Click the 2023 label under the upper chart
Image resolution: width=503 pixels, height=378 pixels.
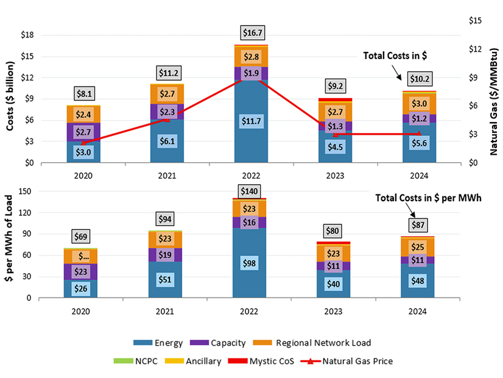point(335,176)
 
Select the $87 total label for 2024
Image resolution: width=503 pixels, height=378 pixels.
point(420,225)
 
